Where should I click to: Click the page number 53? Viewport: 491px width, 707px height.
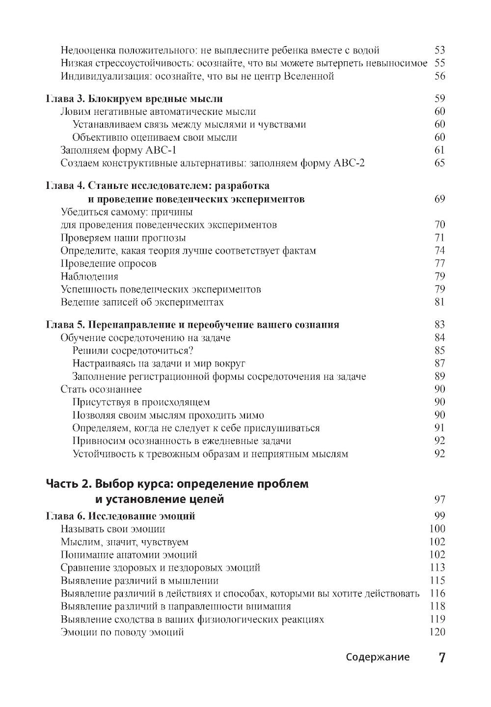tap(439, 50)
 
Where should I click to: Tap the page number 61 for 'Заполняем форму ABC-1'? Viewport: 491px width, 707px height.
tap(439, 150)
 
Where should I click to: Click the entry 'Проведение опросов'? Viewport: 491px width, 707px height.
tap(109, 263)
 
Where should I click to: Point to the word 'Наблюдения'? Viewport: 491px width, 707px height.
tap(89, 276)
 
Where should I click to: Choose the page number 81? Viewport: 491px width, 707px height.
tap(439, 302)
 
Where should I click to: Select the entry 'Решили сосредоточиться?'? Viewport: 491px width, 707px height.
tap(133, 351)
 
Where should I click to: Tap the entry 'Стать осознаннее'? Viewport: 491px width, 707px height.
tap(101, 389)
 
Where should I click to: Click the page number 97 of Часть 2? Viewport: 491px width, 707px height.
tap(439, 500)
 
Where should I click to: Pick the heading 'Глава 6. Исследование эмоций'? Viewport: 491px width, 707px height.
tap(120, 516)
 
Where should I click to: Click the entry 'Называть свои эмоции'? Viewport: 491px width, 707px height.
tap(113, 529)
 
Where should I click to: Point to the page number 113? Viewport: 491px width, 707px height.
tap(437, 568)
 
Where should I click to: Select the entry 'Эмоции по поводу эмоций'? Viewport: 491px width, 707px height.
tap(122, 632)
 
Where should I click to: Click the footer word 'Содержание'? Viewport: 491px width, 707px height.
tap(377, 657)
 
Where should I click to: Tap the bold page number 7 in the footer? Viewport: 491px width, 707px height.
tap(441, 657)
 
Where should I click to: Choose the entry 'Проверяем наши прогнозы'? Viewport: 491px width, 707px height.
tap(123, 238)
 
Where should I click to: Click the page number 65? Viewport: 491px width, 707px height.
tap(439, 163)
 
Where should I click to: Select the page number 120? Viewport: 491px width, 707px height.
tap(437, 632)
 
